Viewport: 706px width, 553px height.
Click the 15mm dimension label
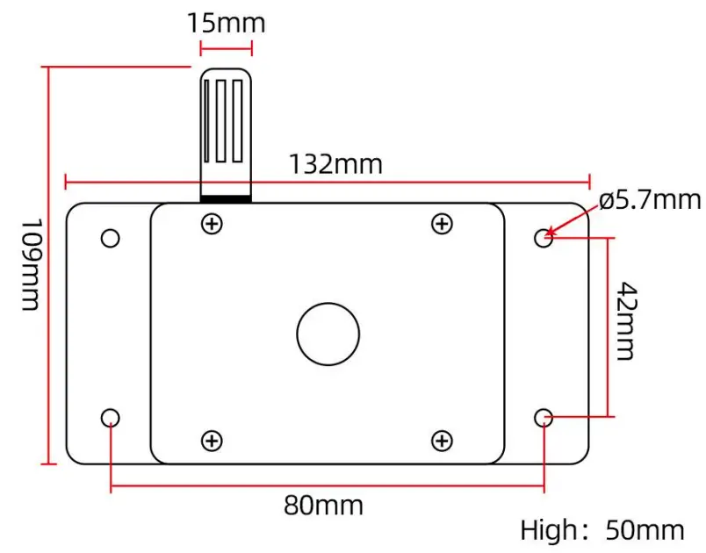(x=226, y=21)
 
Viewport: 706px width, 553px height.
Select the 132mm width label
(x=336, y=164)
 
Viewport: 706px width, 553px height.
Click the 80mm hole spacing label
(x=323, y=506)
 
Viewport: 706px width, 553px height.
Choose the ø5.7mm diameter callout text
(x=651, y=200)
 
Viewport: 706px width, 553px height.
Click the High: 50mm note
(x=602, y=530)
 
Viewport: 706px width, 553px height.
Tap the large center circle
(x=328, y=334)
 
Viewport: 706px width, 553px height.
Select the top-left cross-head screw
(x=211, y=224)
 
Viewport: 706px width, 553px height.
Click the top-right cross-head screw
(x=443, y=224)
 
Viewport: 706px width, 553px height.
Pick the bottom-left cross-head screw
(x=211, y=441)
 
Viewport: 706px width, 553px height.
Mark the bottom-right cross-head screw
(x=443, y=441)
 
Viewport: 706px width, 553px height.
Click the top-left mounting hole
(x=110, y=238)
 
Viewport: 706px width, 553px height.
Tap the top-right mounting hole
(x=544, y=238)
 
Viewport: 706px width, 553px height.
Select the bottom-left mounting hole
(x=110, y=418)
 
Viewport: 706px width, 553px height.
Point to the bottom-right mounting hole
(x=544, y=418)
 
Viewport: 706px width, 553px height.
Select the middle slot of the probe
(x=226, y=121)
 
